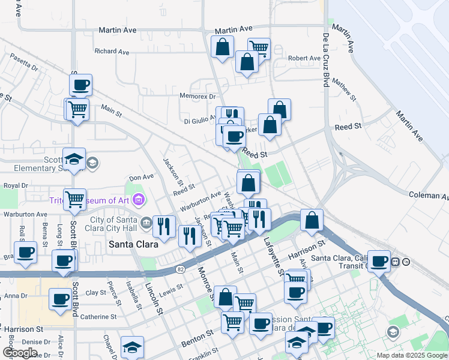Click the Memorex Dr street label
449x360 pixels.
[x=197, y=96]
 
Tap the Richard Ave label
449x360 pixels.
[x=112, y=52]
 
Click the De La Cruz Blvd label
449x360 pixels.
[x=326, y=60]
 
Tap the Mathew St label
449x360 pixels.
[x=345, y=88]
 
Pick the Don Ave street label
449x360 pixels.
[x=142, y=177]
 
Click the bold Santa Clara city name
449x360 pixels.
[x=133, y=244]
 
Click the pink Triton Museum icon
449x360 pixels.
[x=139, y=199]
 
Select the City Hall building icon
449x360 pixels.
[x=146, y=224]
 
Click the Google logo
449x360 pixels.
[x=20, y=353]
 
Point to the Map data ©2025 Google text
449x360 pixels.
[x=412, y=355]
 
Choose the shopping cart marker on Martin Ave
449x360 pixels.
[x=258, y=48]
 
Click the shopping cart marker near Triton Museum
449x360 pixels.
[x=74, y=199]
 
